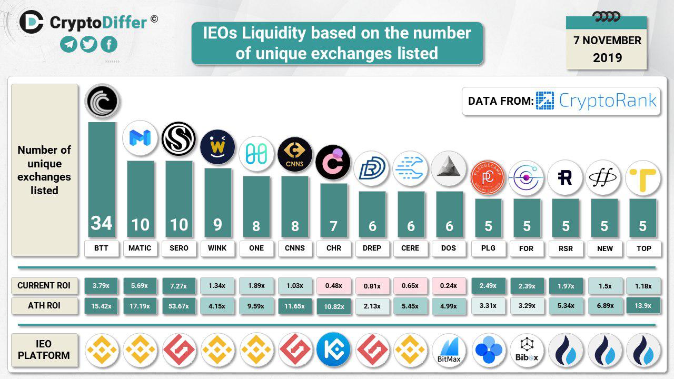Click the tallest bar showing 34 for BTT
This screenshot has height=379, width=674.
(x=102, y=179)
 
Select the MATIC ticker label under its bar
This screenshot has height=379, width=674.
(x=140, y=248)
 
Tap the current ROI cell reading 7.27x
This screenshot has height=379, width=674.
(x=179, y=286)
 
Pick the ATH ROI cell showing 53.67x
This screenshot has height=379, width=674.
(x=179, y=306)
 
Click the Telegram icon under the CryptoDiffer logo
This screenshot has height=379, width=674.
(x=69, y=44)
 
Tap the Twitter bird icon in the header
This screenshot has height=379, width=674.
(x=88, y=44)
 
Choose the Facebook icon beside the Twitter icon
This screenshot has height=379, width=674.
(x=108, y=44)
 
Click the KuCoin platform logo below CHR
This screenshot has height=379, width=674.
(x=333, y=350)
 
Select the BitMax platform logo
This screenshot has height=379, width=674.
(x=449, y=350)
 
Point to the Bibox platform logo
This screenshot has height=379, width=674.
(x=527, y=350)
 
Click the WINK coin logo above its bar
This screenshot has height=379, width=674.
(x=217, y=147)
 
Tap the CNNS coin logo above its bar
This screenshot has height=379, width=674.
(x=295, y=154)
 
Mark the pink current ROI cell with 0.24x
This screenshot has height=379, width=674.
(x=449, y=286)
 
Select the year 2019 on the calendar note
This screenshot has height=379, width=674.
(x=607, y=57)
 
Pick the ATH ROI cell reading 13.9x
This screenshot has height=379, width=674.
(x=643, y=306)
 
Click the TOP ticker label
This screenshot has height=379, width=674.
(x=643, y=248)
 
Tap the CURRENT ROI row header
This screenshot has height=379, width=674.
(x=44, y=286)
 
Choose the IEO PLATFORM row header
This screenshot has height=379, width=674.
(x=44, y=350)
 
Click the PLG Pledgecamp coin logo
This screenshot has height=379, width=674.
(x=488, y=177)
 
